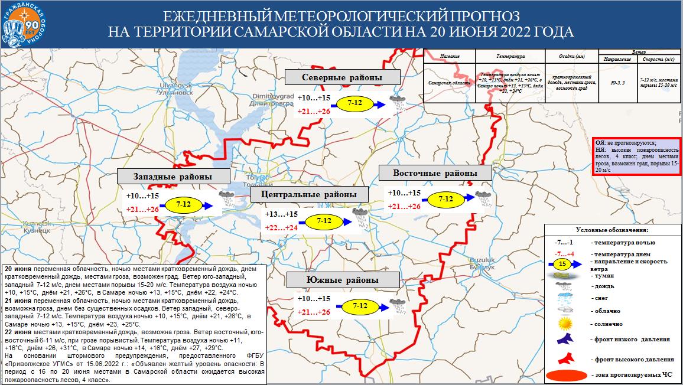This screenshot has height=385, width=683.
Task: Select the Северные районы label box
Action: coord(342,77)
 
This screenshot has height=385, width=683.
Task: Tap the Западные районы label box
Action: coord(173,177)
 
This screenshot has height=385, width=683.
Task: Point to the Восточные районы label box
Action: coord(435,173)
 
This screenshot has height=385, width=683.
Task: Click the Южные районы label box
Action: coord(342,279)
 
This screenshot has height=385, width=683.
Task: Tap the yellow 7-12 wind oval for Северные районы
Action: coord(354,104)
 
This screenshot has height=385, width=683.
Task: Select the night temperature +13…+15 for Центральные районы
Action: coord(281,214)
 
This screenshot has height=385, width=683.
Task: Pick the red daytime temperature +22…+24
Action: coord(281,227)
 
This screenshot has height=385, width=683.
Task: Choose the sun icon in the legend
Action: coord(566,323)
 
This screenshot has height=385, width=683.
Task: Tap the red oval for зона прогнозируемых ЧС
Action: coord(566,375)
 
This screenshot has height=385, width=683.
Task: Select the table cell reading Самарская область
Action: coord(450,83)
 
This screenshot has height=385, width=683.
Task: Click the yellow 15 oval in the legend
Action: coord(562,263)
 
